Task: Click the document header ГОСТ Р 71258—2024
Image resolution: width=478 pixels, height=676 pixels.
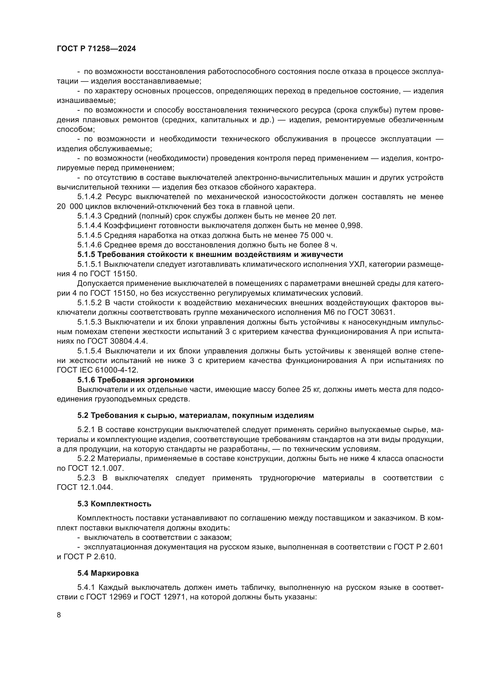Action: click(96, 49)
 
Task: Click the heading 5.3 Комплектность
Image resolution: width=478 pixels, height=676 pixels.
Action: click(114, 504)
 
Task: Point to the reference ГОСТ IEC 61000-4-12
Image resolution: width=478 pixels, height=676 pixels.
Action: click(97, 370)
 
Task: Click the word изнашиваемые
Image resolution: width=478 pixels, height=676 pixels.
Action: click(86, 101)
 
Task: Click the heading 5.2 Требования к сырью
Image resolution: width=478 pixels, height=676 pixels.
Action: click(195, 415)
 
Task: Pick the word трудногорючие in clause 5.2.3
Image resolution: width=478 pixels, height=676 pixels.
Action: click(287, 478)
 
